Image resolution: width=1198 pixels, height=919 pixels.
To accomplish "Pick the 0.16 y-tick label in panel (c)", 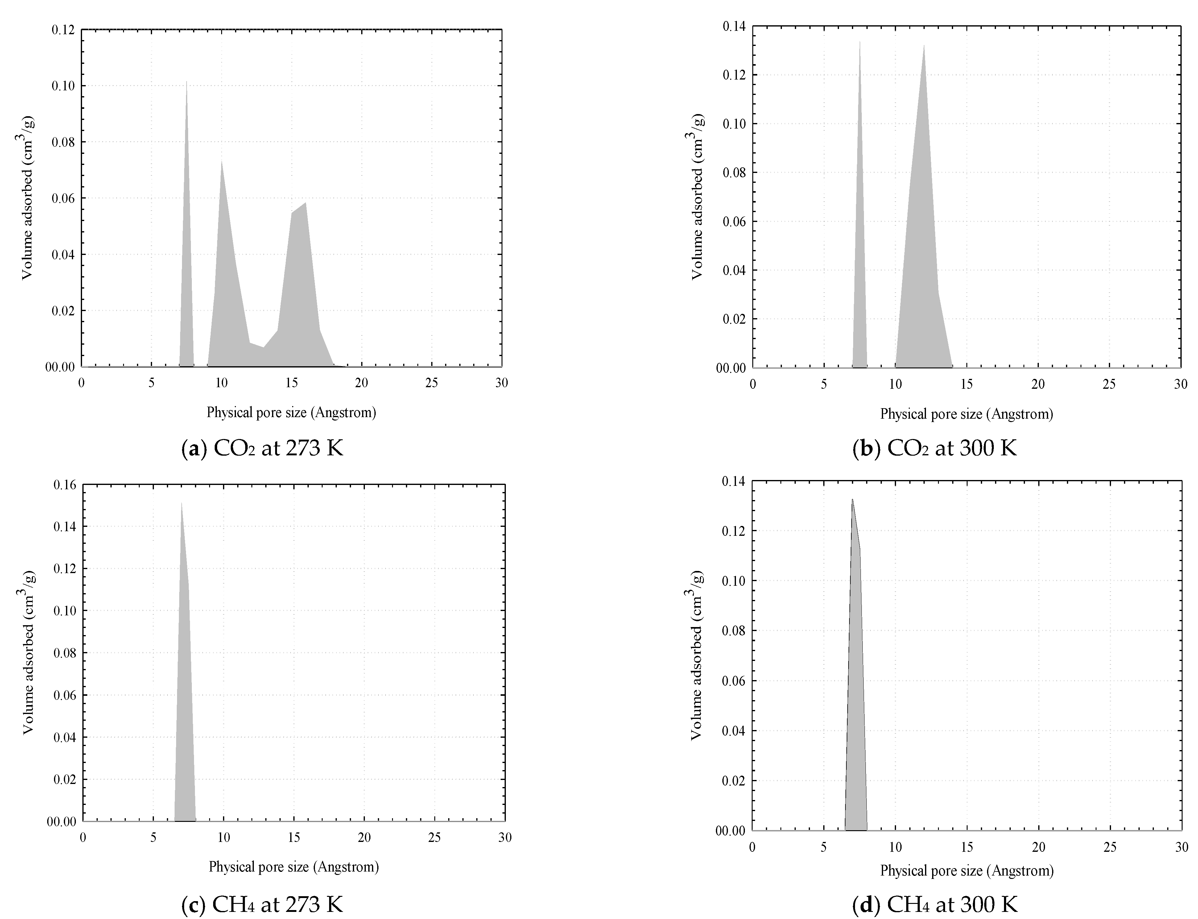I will [x=64, y=485].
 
